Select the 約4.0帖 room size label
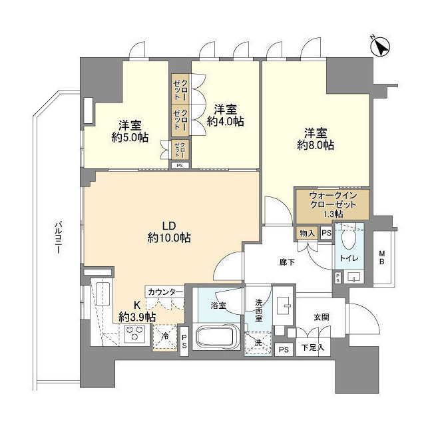(x=225, y=122)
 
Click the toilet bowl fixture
(x=348, y=238)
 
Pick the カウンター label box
(x=166, y=292)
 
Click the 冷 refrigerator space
(x=165, y=336)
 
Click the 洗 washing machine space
(x=258, y=343)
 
